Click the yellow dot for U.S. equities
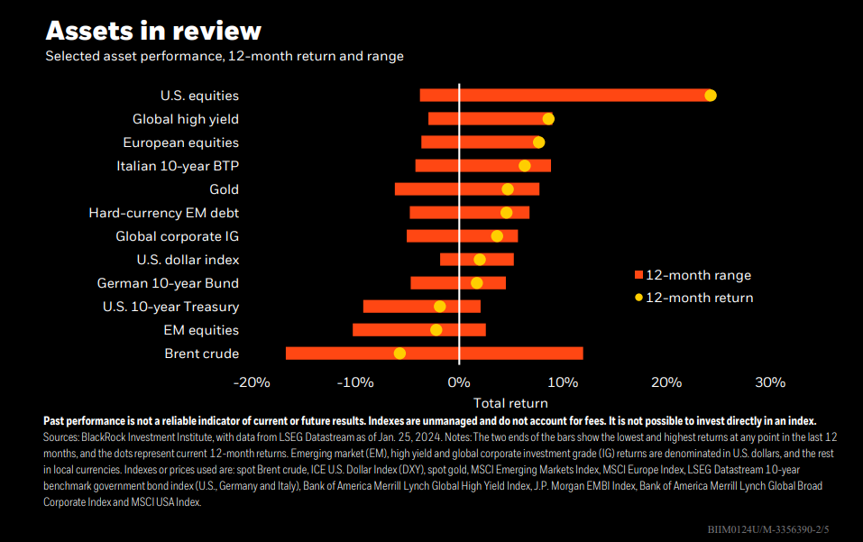[x=710, y=96]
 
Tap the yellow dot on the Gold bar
[x=508, y=189]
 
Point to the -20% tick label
[x=252, y=382]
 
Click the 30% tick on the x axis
[x=769, y=382]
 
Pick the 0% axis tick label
[x=459, y=382]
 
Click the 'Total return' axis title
[x=510, y=403]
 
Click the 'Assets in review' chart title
[x=153, y=31]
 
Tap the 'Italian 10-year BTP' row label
[x=178, y=166]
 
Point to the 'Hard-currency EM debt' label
[x=163, y=213]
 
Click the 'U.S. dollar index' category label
[x=188, y=260]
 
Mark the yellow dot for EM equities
[x=436, y=330]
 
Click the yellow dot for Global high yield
[x=548, y=119]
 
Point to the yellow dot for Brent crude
[x=399, y=354]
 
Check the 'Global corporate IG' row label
[x=177, y=236]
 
